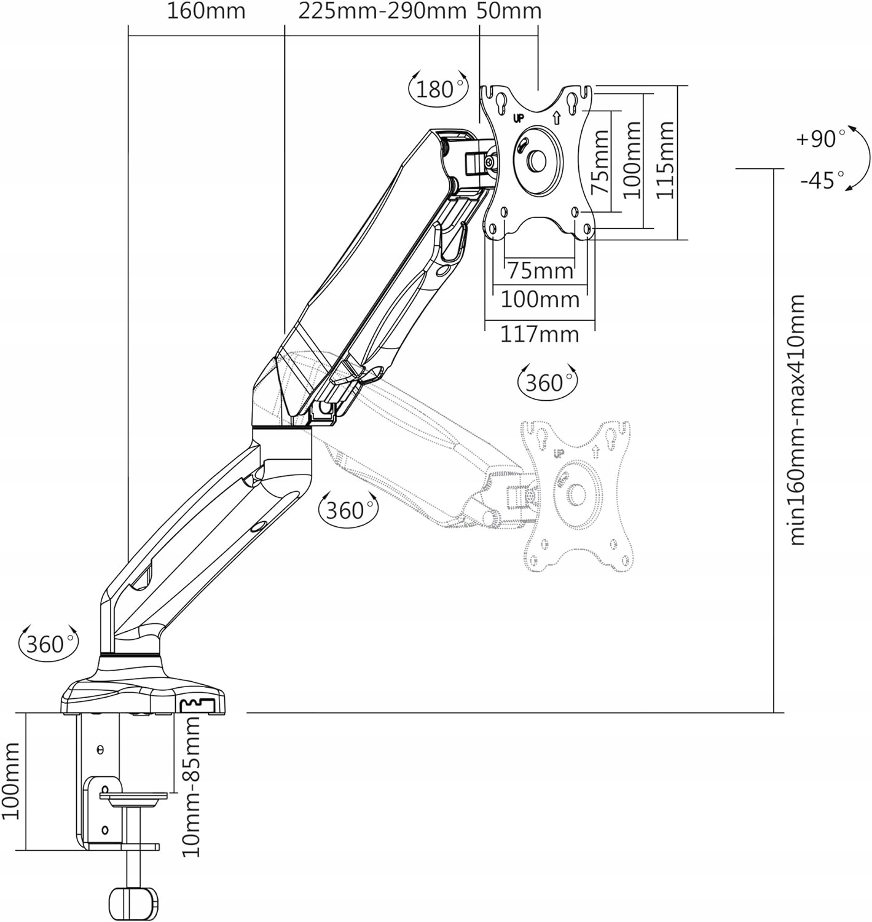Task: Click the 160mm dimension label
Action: pyautogui.click(x=206, y=11)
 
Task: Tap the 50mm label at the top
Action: pyautogui.click(x=509, y=11)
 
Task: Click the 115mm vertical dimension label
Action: pyautogui.click(x=665, y=159)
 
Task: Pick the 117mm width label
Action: pyautogui.click(x=540, y=334)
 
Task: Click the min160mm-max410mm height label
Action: pyautogui.click(x=797, y=420)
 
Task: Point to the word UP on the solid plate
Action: pyautogui.click(x=518, y=118)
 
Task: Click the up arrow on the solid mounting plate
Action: pyautogui.click(x=557, y=117)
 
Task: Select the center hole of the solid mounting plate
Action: pyautogui.click(x=536, y=160)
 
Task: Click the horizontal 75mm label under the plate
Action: pyautogui.click(x=540, y=270)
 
